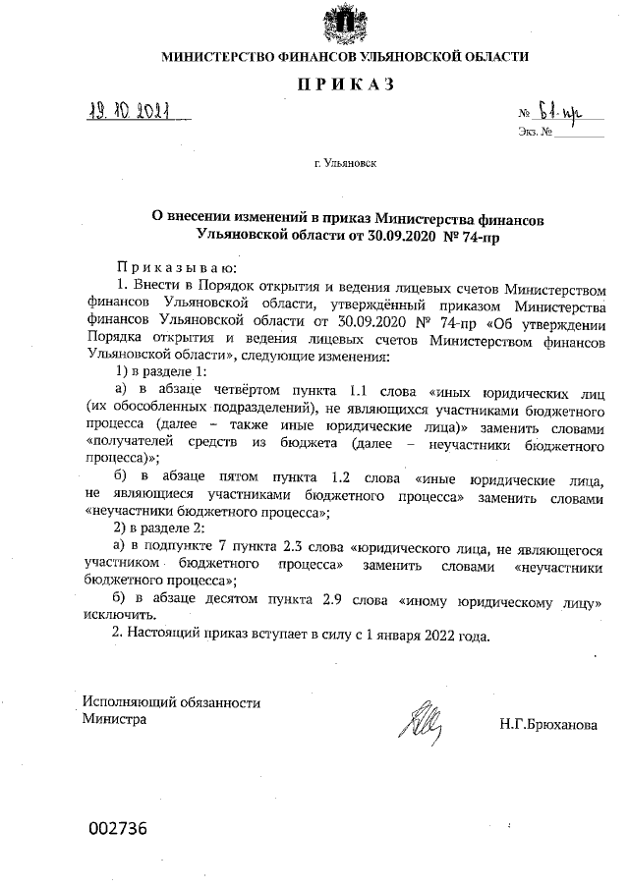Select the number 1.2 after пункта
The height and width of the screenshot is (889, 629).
pos(344,478)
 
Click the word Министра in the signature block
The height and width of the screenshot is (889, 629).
pos(115,720)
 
